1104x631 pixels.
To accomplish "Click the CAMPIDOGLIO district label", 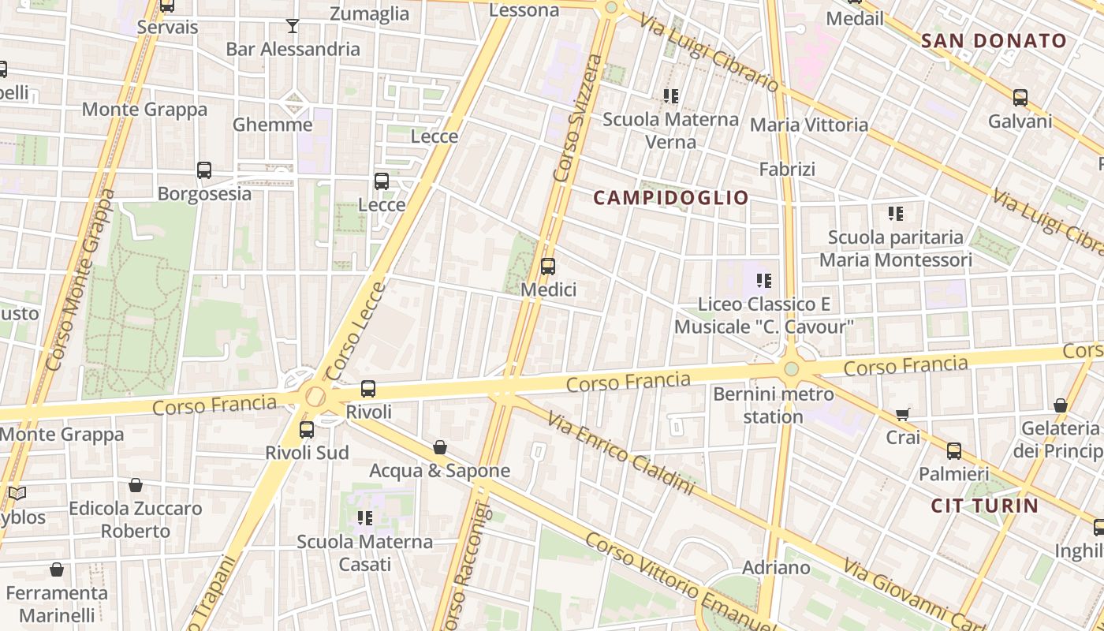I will [x=670, y=198].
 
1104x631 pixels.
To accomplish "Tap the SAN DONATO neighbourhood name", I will [x=994, y=41].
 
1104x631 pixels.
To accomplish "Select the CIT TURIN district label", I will [x=985, y=506].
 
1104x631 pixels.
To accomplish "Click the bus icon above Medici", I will [x=548, y=267].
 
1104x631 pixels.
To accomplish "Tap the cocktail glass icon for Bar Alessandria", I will [x=293, y=26].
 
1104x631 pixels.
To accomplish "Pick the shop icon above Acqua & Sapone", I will [x=440, y=448].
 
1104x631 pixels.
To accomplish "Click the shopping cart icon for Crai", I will [x=903, y=414].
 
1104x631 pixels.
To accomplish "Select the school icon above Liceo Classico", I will [x=763, y=280].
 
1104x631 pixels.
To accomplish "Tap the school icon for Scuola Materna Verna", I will [x=671, y=96].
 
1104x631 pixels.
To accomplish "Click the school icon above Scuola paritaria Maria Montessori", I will [x=895, y=213].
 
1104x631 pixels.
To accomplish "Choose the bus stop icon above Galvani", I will [x=1020, y=98].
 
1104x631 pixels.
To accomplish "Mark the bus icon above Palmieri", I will [x=954, y=451].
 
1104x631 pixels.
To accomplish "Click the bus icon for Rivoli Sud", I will [x=307, y=430].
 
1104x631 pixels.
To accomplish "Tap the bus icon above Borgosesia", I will [x=204, y=170].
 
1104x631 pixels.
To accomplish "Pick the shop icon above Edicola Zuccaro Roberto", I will [x=136, y=485].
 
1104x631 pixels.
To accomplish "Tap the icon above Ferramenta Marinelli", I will [x=57, y=569].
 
